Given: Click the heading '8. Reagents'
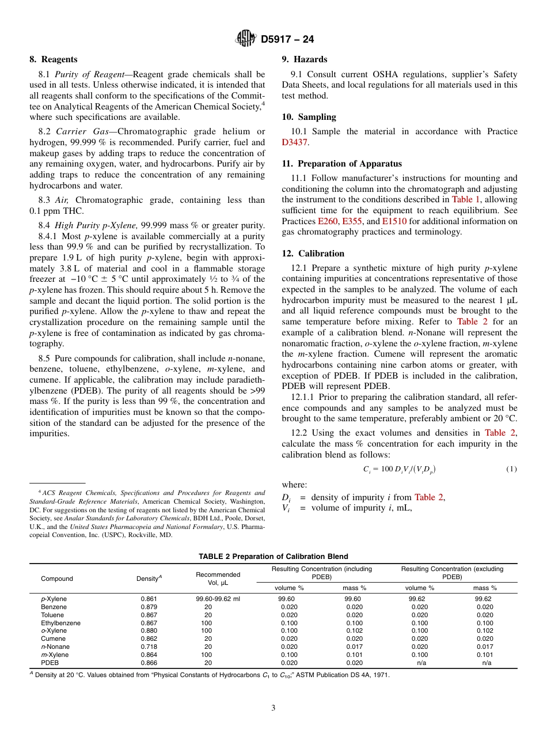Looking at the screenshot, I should (54, 59).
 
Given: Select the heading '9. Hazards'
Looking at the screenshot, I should (305, 59).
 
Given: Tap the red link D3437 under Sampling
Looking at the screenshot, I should (295, 142).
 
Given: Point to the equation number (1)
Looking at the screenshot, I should (511, 469).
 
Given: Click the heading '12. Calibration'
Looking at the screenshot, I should (313, 254).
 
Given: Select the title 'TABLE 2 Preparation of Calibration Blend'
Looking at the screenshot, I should (273, 556).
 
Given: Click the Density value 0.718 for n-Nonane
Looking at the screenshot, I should (149, 647).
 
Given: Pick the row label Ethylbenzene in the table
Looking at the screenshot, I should (60, 623).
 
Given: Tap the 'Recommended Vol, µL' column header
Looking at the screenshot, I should (218, 579).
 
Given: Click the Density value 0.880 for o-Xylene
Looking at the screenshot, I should (149, 630).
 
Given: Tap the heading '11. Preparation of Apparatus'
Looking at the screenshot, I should (342, 164).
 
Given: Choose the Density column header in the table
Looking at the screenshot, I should (149, 579).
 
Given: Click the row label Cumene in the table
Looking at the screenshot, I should (53, 638).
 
